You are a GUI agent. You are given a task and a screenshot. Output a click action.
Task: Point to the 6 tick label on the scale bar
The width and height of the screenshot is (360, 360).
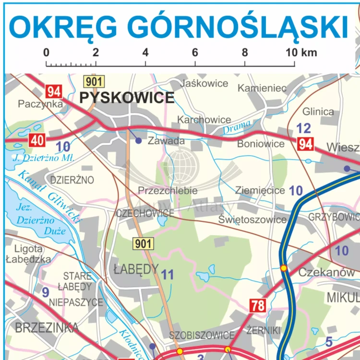coord(195,52)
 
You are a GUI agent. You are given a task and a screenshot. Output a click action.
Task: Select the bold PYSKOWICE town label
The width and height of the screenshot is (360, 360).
coord(127,98)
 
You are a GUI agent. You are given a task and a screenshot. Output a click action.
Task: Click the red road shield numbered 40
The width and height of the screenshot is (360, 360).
coord(37,140)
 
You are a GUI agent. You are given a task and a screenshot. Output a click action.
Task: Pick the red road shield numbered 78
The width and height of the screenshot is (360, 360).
coord(258,305)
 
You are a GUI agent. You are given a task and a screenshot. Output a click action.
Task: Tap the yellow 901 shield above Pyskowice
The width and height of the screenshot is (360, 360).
coord(93,81)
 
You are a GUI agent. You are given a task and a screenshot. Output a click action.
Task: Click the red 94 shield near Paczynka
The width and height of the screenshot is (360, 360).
coord(54,91)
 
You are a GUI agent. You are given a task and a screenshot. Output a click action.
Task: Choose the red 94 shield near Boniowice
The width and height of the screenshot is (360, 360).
coord(305,144)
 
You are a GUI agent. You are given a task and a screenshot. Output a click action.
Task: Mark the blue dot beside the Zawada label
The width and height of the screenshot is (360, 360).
coord(138,141)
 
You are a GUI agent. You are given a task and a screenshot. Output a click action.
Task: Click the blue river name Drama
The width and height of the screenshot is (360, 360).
coord(237,127)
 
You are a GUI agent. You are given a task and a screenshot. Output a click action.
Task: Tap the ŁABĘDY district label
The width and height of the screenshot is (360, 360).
coord(136,269)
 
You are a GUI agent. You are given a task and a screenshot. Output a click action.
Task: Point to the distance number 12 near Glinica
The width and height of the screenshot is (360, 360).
coord(303,129)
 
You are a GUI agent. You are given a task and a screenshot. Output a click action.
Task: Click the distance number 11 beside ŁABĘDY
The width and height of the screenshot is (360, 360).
coord(167,275)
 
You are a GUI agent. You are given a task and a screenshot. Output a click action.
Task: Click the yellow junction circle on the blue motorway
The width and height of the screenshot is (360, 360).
coord(284,268)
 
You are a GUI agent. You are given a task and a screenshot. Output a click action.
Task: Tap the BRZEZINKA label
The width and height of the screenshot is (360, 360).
coord(47,328)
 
